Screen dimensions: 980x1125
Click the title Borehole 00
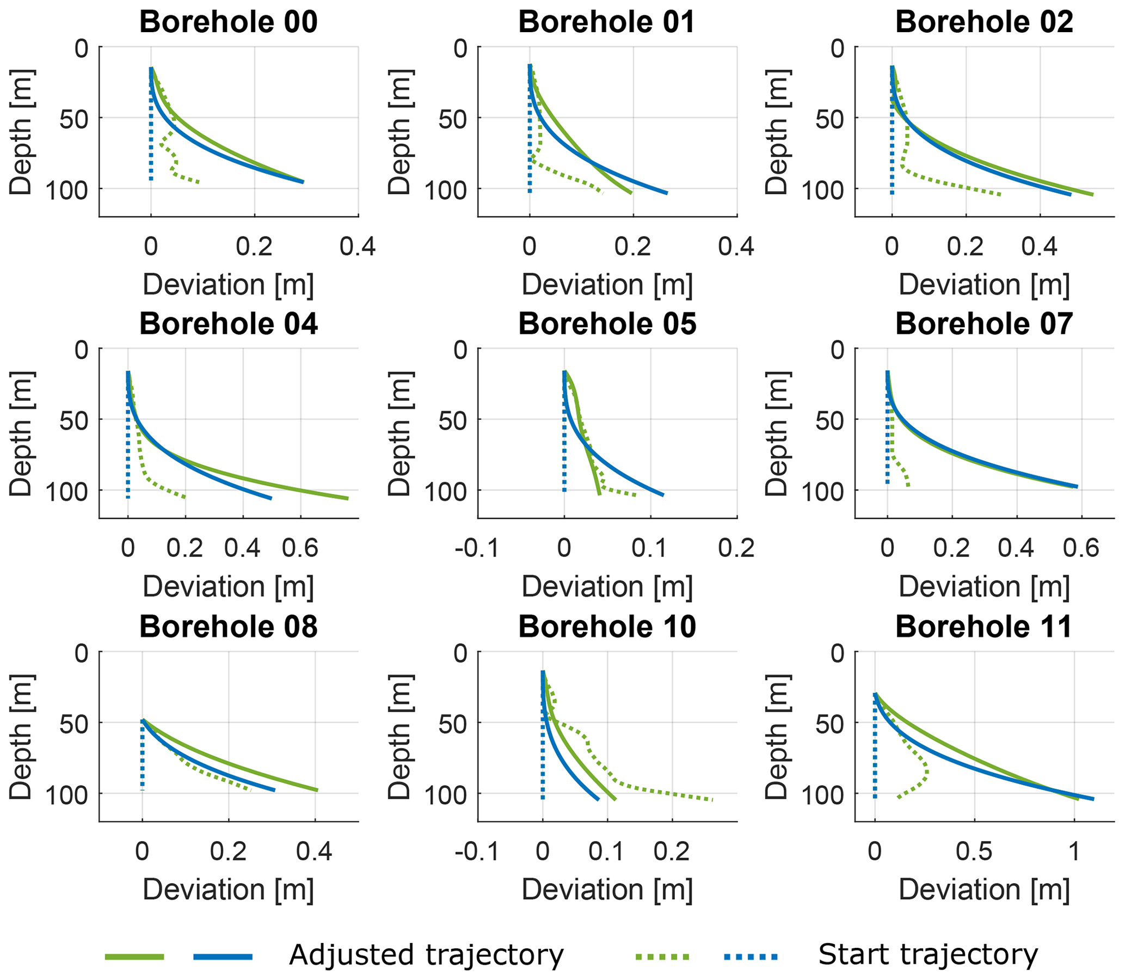click(x=229, y=22)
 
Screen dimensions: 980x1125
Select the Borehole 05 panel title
click(x=607, y=324)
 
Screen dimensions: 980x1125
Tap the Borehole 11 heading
click(x=983, y=627)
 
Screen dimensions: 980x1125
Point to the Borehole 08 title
click(x=229, y=627)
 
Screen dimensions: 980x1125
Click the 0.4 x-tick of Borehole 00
click(x=358, y=247)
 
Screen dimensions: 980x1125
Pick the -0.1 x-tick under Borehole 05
click(x=477, y=548)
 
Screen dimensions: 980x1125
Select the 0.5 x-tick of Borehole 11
click(x=975, y=851)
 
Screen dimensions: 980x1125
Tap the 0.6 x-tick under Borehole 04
click(x=300, y=548)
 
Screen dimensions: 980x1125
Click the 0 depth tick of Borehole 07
click(x=838, y=350)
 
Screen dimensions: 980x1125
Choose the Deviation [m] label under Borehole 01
click(x=607, y=285)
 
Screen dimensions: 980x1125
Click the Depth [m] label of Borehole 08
click(x=22, y=736)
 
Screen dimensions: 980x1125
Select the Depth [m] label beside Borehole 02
click(x=776, y=132)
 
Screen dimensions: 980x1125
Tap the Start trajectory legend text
click(x=927, y=955)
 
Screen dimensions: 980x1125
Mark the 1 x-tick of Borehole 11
click(x=1075, y=851)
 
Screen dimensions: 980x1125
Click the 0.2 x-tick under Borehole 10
click(x=672, y=851)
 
